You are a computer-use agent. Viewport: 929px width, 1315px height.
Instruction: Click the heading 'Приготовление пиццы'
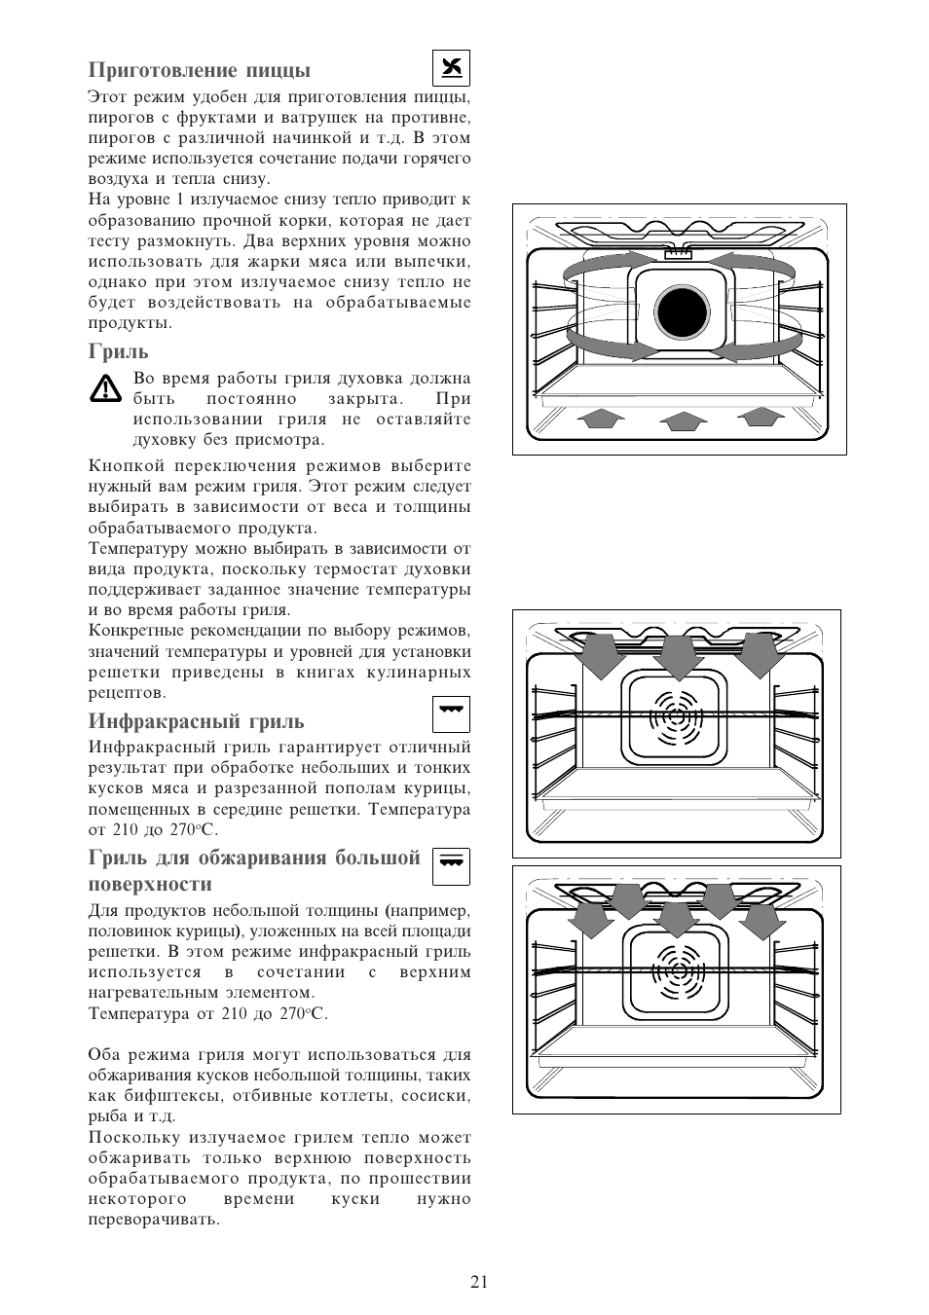(x=200, y=70)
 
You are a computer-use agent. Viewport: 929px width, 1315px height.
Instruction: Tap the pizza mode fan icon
(x=451, y=69)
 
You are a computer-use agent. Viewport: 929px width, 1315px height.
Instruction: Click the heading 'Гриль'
(x=119, y=351)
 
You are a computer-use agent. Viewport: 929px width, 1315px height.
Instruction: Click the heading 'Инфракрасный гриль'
(x=196, y=721)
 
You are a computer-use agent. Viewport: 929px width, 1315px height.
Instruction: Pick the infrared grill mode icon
(x=451, y=713)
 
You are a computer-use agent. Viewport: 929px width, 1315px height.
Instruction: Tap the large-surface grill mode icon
(x=451, y=865)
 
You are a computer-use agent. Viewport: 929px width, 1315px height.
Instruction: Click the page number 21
(x=478, y=1282)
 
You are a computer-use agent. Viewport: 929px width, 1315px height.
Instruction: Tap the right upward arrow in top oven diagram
(x=762, y=416)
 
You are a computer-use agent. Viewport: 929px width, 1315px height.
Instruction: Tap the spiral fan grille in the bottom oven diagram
(x=676, y=969)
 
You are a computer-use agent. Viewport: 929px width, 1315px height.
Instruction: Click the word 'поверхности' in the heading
(x=150, y=885)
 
